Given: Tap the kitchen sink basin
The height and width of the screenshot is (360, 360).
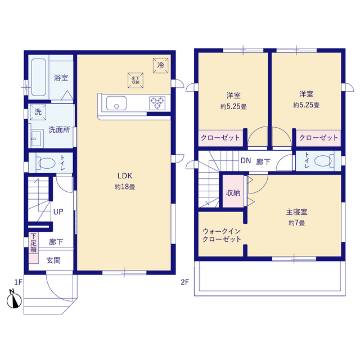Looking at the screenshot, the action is click(x=116, y=103).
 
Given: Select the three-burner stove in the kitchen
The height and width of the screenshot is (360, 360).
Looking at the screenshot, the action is click(x=157, y=103).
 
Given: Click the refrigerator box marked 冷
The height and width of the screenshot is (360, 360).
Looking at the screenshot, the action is click(x=160, y=65).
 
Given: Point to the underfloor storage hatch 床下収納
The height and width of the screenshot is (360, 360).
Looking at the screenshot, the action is click(x=136, y=80).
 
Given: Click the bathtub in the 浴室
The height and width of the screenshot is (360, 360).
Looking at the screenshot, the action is click(x=38, y=77).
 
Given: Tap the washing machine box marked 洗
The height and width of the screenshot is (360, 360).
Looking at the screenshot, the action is click(x=38, y=112).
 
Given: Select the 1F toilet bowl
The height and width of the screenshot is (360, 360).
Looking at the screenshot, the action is click(x=47, y=163).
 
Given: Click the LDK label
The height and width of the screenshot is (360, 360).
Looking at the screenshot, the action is click(x=125, y=176).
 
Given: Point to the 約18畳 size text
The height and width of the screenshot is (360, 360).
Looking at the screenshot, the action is click(x=125, y=187).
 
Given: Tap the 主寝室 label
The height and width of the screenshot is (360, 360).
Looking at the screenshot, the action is click(x=296, y=211).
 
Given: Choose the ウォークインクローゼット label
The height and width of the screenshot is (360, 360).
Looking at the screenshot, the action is click(x=222, y=235).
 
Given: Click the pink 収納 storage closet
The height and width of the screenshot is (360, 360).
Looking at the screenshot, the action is click(x=233, y=191).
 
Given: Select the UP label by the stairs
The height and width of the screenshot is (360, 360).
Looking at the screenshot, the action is click(x=58, y=211).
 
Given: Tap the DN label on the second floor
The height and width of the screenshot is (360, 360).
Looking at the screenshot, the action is click(x=245, y=161).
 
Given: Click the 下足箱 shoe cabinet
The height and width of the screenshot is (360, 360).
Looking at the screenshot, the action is click(x=34, y=248).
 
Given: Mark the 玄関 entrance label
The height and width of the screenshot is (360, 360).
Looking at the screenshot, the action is click(x=53, y=260).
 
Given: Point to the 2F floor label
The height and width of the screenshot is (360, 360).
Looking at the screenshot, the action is click(x=185, y=282).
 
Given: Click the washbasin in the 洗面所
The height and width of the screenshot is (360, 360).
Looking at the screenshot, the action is click(x=37, y=138).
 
